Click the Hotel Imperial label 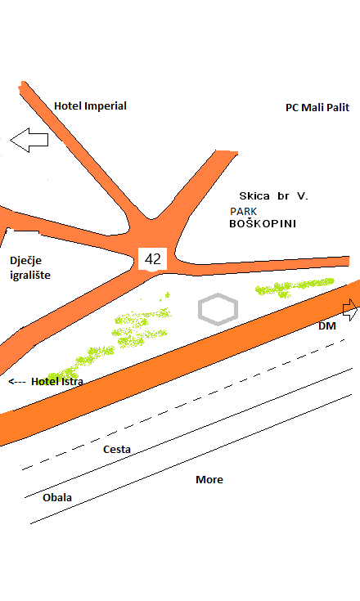click(90, 106)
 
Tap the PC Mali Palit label click(317, 108)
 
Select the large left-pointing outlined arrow click(29, 140)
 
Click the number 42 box click(152, 259)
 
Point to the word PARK click(244, 211)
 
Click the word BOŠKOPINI click(263, 223)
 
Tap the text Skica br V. click(274, 196)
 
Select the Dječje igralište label click(30, 267)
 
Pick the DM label click(327, 325)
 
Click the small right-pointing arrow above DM click(350, 310)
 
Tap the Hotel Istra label click(57, 381)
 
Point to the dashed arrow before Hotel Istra click(17, 382)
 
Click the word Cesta click(117, 449)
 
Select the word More click(209, 479)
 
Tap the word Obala click(57, 497)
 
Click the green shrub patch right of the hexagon click(295, 287)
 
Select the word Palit click(337, 108)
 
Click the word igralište click(30, 276)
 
